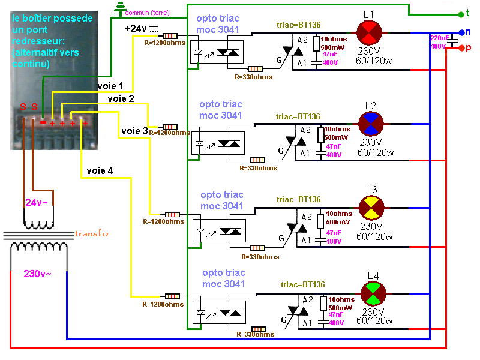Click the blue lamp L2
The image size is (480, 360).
tap(371, 122)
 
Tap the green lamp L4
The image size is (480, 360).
tap(373, 294)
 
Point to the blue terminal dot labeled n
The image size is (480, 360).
tap(461, 32)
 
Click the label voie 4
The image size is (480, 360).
tap(99, 170)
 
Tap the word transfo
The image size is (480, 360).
tap(91, 233)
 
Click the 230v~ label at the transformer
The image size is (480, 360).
tap(37, 274)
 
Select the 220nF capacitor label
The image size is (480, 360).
tap(438, 38)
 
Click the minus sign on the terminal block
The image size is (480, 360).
tap(43, 122)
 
